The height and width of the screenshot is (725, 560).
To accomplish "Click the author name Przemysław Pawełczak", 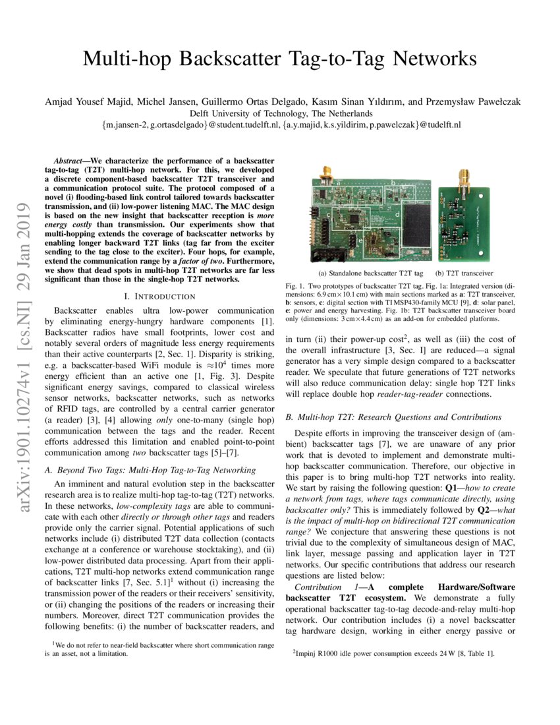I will (473, 101).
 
